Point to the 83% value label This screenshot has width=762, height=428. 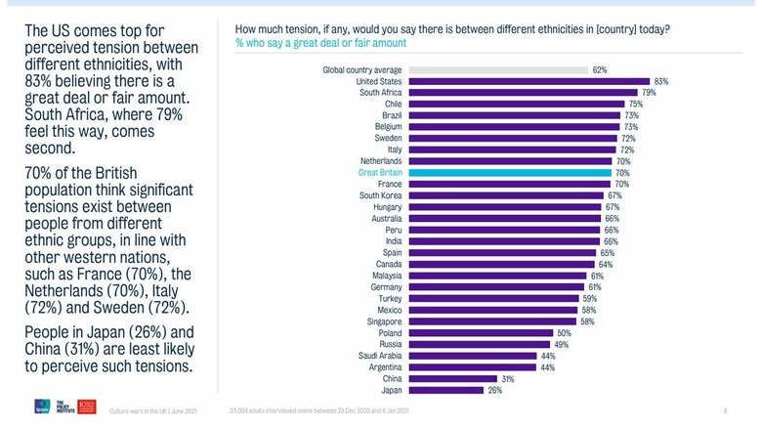click(661, 82)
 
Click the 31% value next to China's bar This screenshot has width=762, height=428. click(507, 378)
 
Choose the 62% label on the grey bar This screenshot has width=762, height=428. click(599, 70)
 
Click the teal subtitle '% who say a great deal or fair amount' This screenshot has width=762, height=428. click(321, 43)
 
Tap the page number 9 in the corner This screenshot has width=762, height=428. click(725, 410)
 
